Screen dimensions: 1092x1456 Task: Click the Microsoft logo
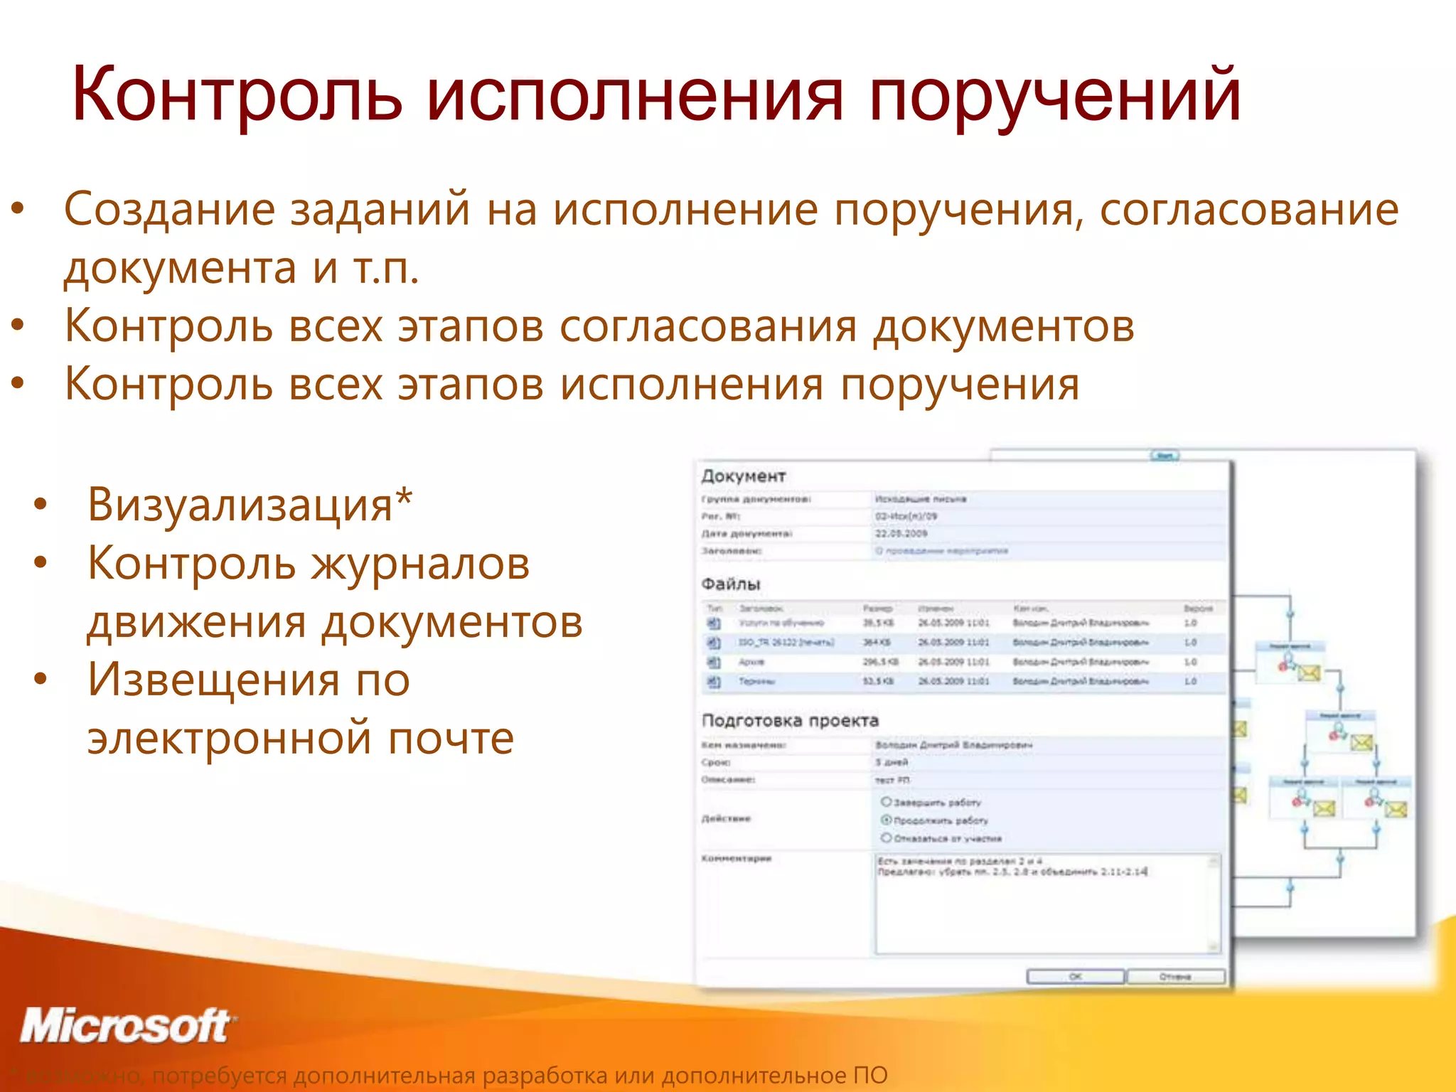pyautogui.click(x=127, y=1027)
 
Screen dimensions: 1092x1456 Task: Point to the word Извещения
pyautogui.click(x=213, y=680)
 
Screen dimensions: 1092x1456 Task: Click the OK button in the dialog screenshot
pyautogui.click(x=1075, y=976)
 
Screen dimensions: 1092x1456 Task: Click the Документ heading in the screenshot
pyautogui.click(x=743, y=476)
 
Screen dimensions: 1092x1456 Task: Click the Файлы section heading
pyautogui.click(x=730, y=584)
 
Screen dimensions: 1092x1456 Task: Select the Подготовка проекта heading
pyautogui.click(x=790, y=720)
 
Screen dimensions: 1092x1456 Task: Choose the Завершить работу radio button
pyautogui.click(x=886, y=801)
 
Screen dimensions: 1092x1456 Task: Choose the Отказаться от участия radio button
pyautogui.click(x=886, y=837)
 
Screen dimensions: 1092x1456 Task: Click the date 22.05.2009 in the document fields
pyautogui.click(x=900, y=533)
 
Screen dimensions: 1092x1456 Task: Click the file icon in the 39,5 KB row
pyautogui.click(x=713, y=623)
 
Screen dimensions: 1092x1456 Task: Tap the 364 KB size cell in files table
pyautogui.click(x=872, y=643)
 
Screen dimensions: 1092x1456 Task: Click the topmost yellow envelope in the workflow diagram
pyautogui.click(x=1308, y=672)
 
